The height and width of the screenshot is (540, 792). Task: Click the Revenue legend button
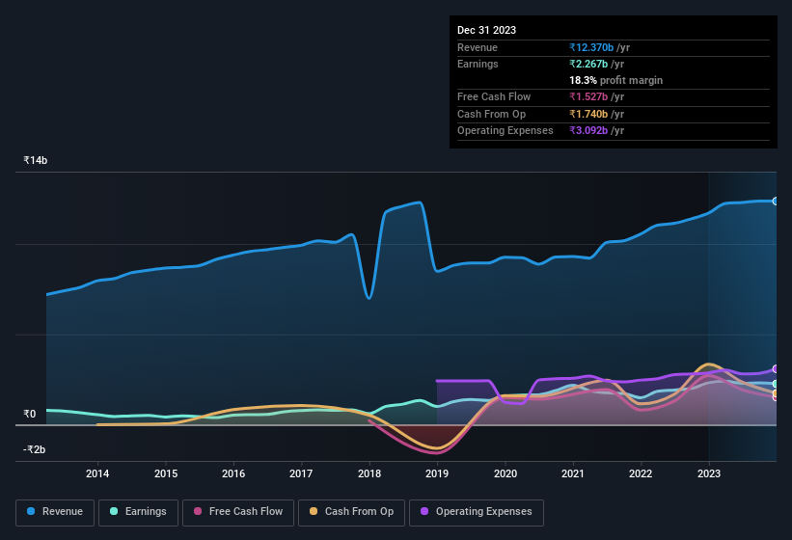[x=56, y=512]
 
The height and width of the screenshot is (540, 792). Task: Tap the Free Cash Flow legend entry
[x=236, y=512]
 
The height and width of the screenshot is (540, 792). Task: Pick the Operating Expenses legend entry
[x=477, y=512]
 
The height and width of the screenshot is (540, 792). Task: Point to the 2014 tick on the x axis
[x=97, y=473]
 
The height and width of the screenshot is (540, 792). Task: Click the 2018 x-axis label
[x=369, y=473]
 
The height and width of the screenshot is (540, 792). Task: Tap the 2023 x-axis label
[x=709, y=473]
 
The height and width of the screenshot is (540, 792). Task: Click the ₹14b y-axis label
[x=36, y=160]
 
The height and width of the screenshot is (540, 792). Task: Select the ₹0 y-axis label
[x=30, y=415]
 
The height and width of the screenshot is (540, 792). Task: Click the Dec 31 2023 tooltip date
[x=486, y=30]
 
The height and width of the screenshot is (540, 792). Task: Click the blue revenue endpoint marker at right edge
[x=776, y=201]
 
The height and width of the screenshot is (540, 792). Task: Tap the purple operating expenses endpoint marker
[x=776, y=369]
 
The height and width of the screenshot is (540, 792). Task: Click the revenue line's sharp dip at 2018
[x=369, y=298]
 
